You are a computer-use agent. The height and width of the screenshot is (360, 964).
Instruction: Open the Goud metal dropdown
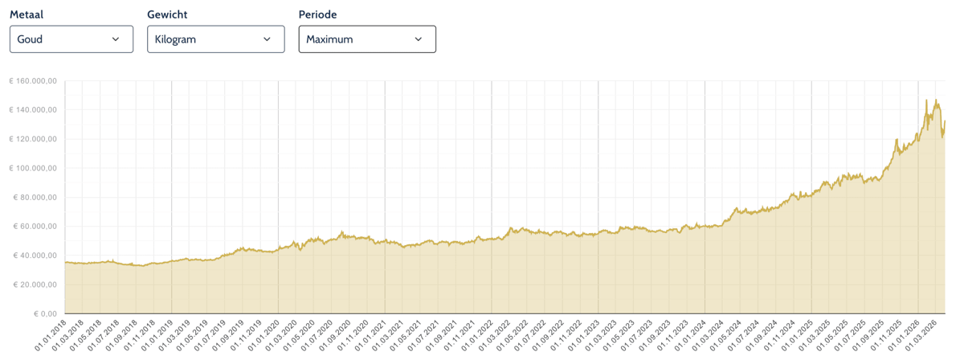71,39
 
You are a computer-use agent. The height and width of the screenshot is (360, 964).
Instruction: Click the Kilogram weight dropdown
215,39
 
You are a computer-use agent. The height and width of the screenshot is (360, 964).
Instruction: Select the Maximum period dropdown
367,39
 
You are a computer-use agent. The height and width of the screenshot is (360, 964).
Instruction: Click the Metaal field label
27,14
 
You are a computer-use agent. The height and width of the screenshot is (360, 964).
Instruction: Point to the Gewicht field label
167,14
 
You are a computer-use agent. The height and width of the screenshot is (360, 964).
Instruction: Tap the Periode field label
317,14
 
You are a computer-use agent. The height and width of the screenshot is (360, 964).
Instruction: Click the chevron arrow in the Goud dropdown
116,39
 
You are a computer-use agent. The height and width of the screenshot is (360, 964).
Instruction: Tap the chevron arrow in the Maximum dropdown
418,39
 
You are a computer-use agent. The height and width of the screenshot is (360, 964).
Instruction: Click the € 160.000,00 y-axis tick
33,81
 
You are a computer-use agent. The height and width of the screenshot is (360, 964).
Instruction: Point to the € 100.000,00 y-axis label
33,169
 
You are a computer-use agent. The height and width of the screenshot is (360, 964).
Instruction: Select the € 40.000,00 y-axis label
35,256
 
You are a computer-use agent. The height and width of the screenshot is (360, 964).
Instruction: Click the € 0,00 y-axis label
45,314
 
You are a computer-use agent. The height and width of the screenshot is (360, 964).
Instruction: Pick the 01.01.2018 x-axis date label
51,335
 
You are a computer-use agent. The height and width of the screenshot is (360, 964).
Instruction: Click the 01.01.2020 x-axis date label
264,335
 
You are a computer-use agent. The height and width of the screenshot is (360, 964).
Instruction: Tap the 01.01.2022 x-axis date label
478,335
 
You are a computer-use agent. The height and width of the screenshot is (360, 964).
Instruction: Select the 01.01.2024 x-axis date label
691,335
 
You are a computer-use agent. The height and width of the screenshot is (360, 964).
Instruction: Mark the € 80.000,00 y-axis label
35,197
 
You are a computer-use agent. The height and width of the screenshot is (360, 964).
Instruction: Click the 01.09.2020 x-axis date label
335,335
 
